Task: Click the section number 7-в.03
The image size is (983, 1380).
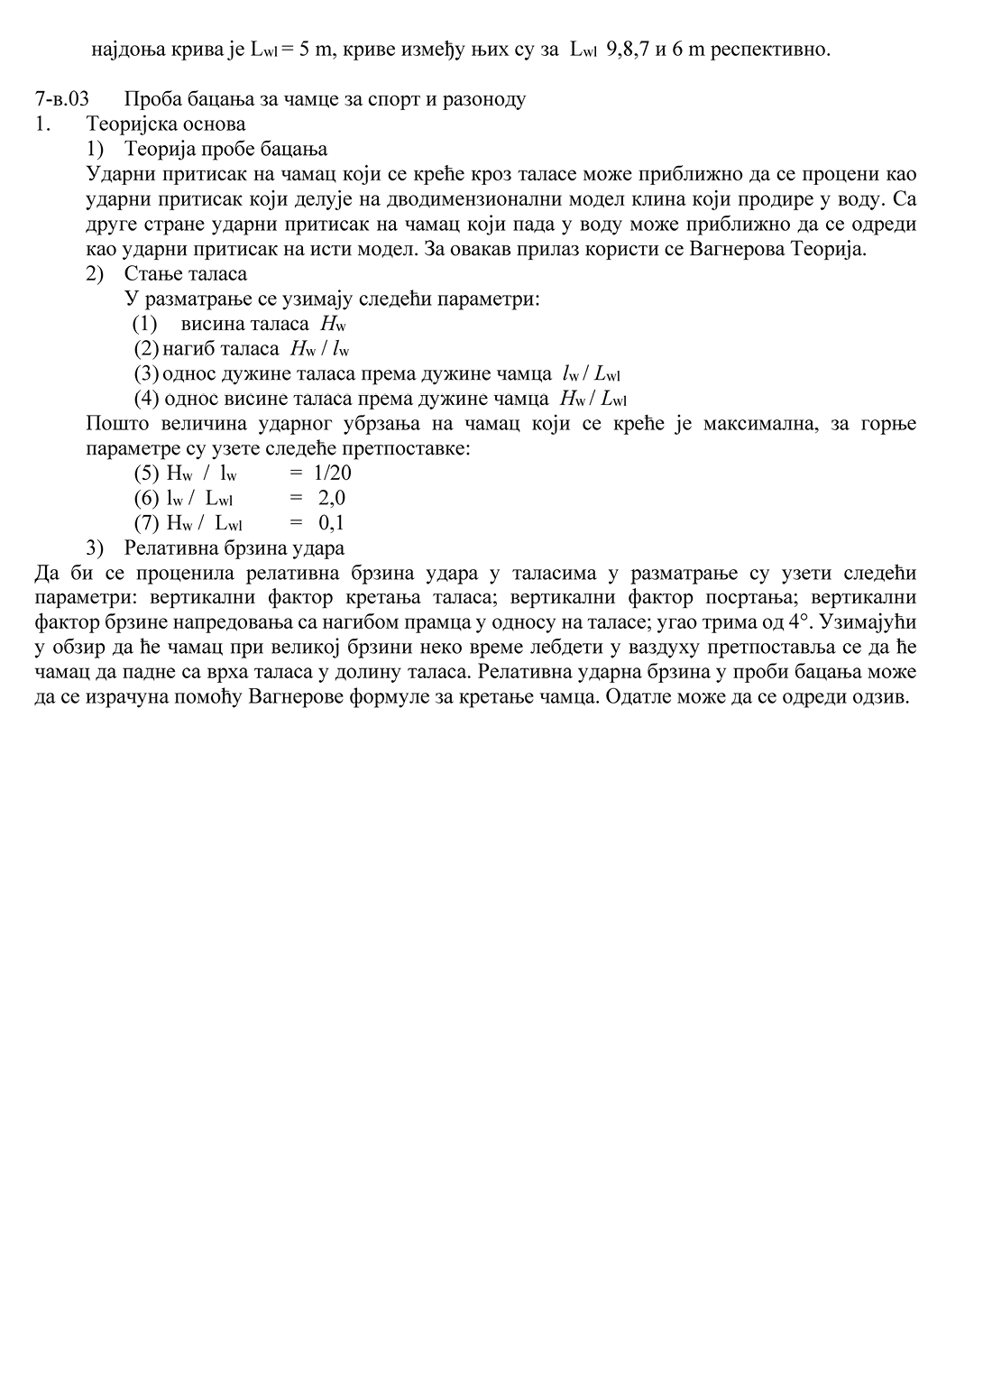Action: pos(61,99)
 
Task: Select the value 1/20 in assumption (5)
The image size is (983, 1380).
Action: pos(333,473)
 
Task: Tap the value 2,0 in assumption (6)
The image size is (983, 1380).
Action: pos(332,498)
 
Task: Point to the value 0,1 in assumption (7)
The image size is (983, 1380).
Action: pos(332,523)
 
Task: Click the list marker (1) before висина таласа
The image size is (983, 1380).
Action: pos(144,324)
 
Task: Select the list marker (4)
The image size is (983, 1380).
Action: pos(146,399)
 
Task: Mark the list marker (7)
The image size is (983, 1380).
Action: pos(146,523)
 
